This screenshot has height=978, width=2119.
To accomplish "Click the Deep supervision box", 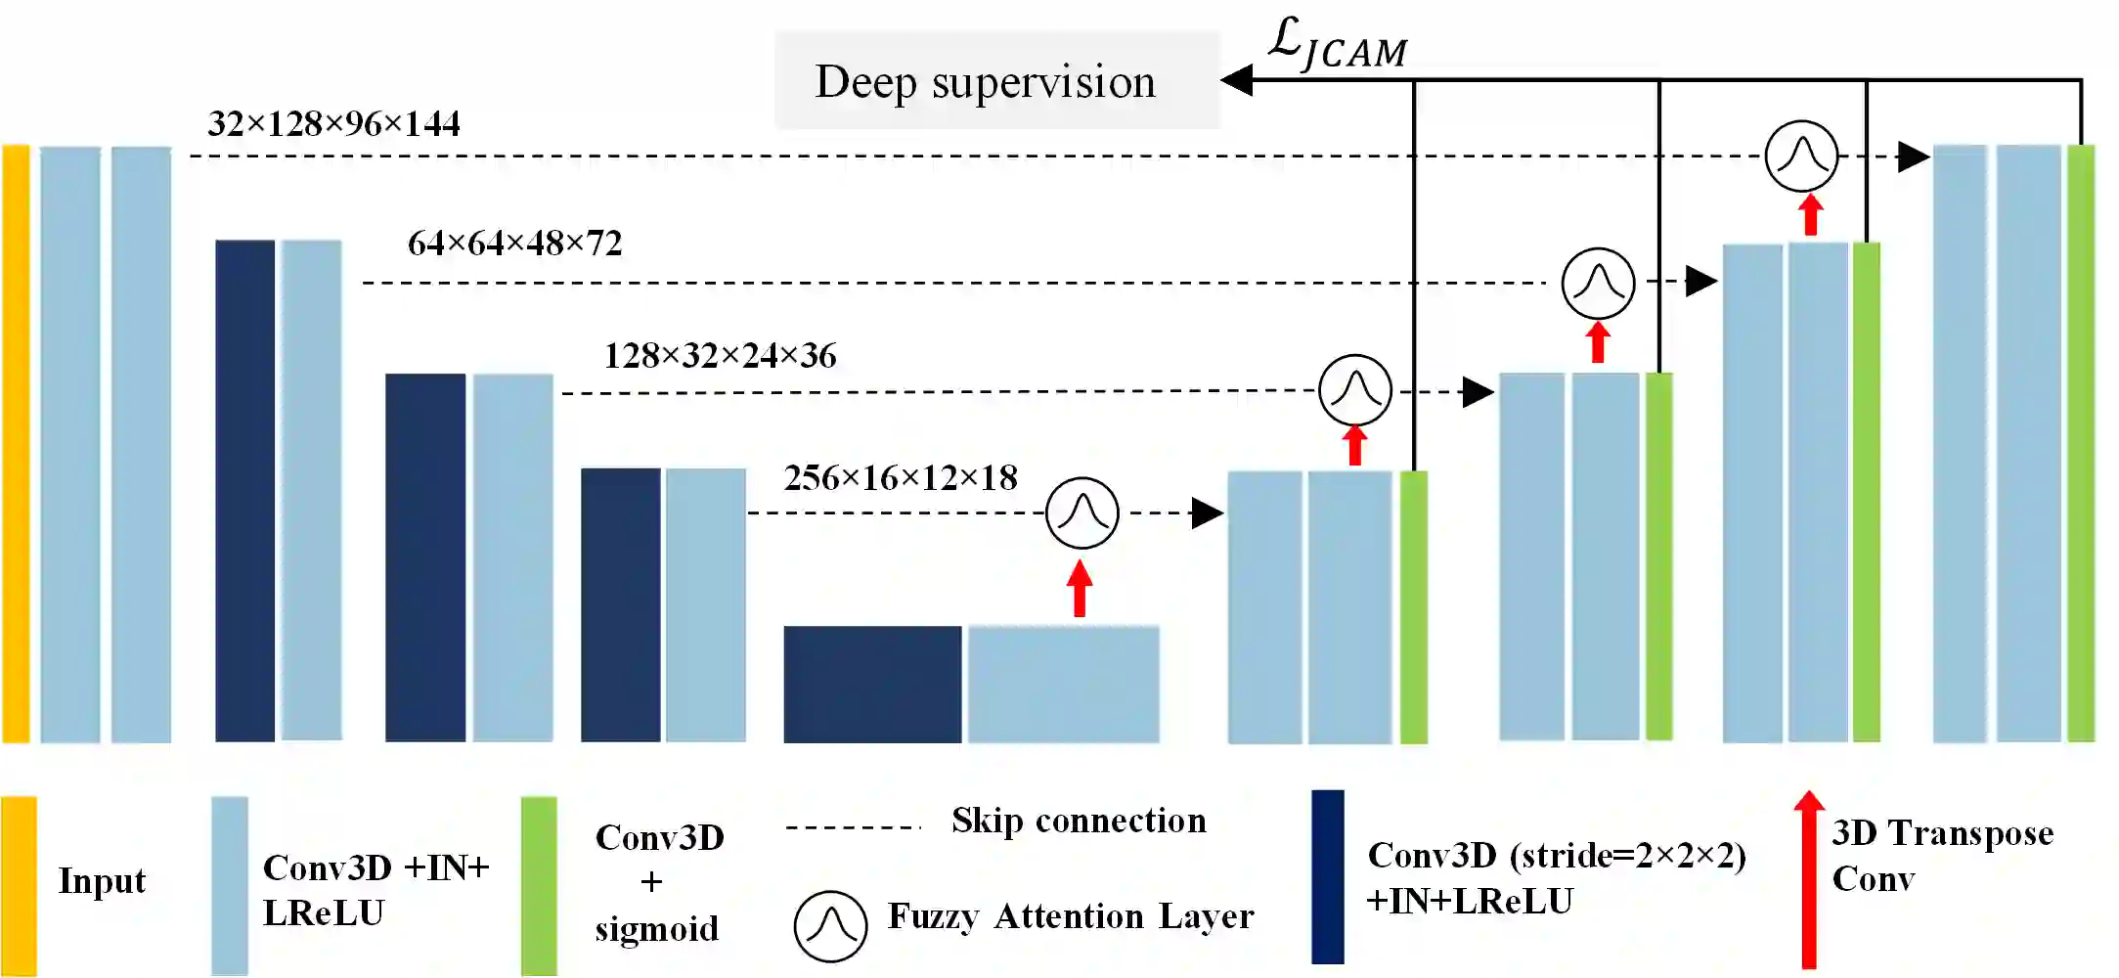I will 996,80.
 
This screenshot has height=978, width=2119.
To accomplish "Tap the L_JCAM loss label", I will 1337,44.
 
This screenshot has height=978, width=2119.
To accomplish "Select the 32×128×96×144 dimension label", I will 333,124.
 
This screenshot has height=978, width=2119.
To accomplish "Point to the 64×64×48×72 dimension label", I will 514,244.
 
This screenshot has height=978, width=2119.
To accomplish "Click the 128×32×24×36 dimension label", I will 720,356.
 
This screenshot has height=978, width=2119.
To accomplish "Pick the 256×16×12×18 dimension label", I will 901,478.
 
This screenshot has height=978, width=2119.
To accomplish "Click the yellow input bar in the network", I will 16,443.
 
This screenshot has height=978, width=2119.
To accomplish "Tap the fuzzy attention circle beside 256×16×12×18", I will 1082,512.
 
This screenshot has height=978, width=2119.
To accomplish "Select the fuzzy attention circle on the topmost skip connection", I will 1801,156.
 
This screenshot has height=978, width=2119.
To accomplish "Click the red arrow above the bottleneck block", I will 1080,589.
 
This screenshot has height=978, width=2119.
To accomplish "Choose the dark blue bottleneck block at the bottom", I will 871,684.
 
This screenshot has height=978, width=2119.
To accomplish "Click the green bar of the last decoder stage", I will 2081,443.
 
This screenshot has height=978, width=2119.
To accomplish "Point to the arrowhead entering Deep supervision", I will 1238,80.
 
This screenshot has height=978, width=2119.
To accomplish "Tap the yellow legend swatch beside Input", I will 19,885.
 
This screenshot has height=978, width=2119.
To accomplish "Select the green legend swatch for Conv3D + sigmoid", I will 539,885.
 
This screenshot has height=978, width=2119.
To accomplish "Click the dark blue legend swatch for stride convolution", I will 1328,876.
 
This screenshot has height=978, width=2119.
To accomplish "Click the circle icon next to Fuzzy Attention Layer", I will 830,926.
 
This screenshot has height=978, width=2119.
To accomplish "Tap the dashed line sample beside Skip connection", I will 853,827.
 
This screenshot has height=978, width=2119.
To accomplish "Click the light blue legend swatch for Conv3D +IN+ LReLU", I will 230,885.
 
